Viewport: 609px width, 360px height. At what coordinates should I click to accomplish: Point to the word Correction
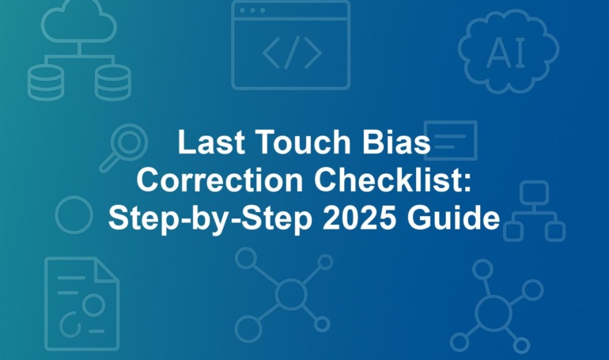220,180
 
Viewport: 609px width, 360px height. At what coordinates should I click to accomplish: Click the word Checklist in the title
392,180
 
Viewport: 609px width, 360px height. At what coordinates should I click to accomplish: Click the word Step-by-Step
210,219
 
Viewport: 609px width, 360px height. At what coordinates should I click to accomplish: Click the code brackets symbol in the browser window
292,52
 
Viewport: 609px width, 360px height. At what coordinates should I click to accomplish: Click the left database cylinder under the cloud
46,82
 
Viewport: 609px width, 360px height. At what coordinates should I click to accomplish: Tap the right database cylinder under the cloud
113,82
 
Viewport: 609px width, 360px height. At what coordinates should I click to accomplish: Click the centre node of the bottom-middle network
291,294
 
